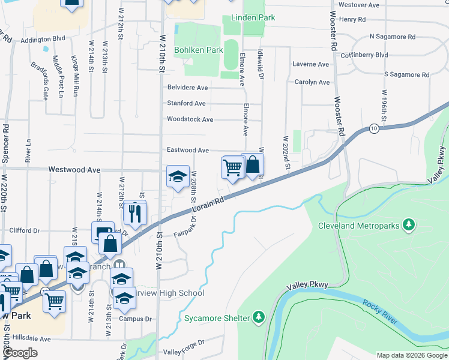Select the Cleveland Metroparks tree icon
pyautogui.click(x=409, y=224)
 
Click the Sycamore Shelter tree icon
pyautogui.click(x=259, y=316)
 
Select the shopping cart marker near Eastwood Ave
pyautogui.click(x=232, y=167)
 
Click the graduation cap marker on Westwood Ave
pyautogui.click(x=178, y=176)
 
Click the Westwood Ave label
pyautogui.click(x=74, y=170)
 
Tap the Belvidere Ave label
pyautogui.click(x=187, y=88)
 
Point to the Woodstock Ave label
pyautogui.click(x=190, y=119)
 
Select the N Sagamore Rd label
pyautogui.click(x=392, y=37)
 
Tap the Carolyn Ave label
pyautogui.click(x=312, y=82)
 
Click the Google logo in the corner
pyautogui.click(x=21, y=353)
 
